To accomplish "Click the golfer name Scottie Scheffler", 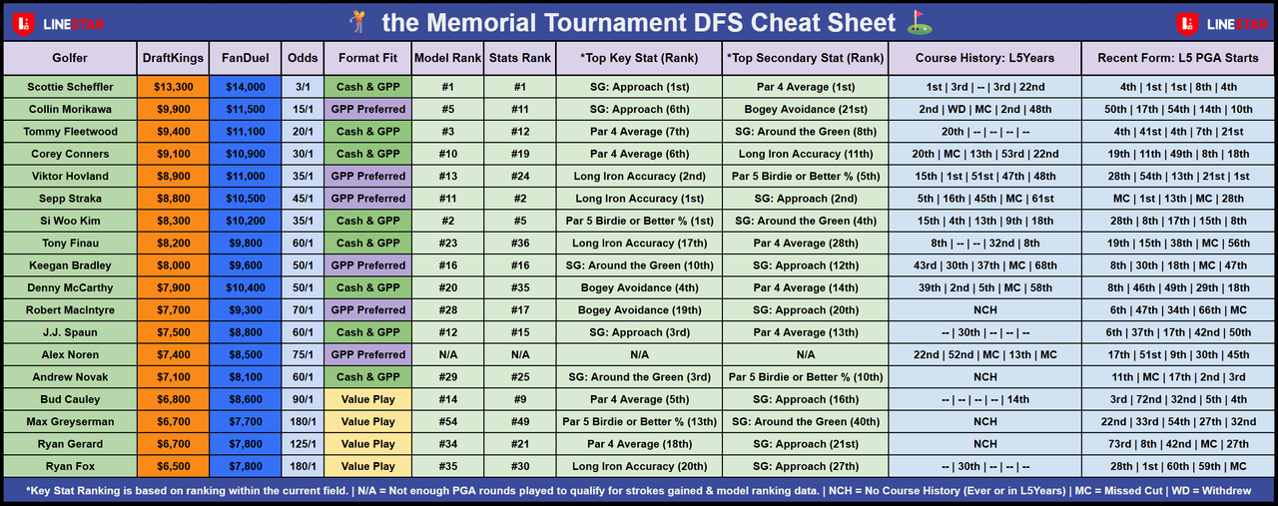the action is pos(70,87).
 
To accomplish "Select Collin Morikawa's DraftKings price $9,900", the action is pos(174,109).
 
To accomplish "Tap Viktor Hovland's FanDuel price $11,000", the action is pos(246,177).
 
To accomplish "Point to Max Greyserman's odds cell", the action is pos(303,421).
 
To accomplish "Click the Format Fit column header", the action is pos(367,58).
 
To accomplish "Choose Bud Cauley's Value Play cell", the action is pos(368,399).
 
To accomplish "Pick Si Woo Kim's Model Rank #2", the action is pos(448,221).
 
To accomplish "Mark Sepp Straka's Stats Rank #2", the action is pos(520,199).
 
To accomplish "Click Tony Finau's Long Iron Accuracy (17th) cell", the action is pos(640,243).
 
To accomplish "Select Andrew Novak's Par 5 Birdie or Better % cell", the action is pos(806,377).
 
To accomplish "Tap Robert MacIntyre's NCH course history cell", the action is pos(985,309).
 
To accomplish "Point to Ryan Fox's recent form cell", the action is pos(1178,466).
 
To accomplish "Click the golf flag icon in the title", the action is pos(920,22).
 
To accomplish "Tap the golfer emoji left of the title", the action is pos(358,22).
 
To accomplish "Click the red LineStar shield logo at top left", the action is pos(23,24).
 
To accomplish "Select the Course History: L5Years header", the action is pos(984,58).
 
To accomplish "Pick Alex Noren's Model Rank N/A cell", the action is pos(448,355).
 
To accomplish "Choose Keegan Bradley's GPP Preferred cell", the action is pos(368,265).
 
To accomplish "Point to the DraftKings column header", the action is pos(173,58).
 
